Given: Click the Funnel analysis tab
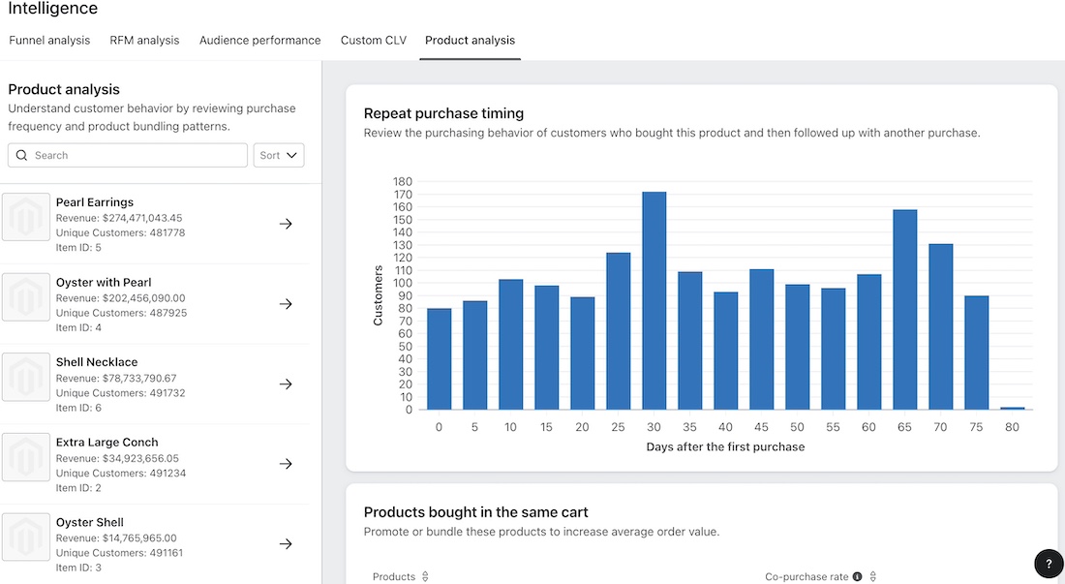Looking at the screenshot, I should (49, 41).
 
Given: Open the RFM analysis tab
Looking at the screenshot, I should (144, 41).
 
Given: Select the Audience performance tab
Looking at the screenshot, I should (259, 41).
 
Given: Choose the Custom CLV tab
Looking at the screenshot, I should (373, 41).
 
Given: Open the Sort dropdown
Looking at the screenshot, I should (278, 155).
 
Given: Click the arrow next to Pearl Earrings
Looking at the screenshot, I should (286, 224).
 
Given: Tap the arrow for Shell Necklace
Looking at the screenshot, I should (286, 384).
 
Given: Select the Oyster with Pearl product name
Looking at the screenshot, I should (104, 283).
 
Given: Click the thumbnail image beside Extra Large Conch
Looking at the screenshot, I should (26, 457).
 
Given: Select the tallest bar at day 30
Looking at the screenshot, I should (654, 300).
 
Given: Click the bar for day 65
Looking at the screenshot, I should (904, 310).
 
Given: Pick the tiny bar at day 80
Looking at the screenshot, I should (1012, 408).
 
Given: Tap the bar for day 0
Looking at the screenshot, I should (439, 358).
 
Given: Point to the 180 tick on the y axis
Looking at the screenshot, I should (403, 182).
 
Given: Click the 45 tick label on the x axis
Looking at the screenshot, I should (761, 427).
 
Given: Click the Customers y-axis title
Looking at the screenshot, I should (379, 295).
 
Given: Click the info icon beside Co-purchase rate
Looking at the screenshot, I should (857, 577).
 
